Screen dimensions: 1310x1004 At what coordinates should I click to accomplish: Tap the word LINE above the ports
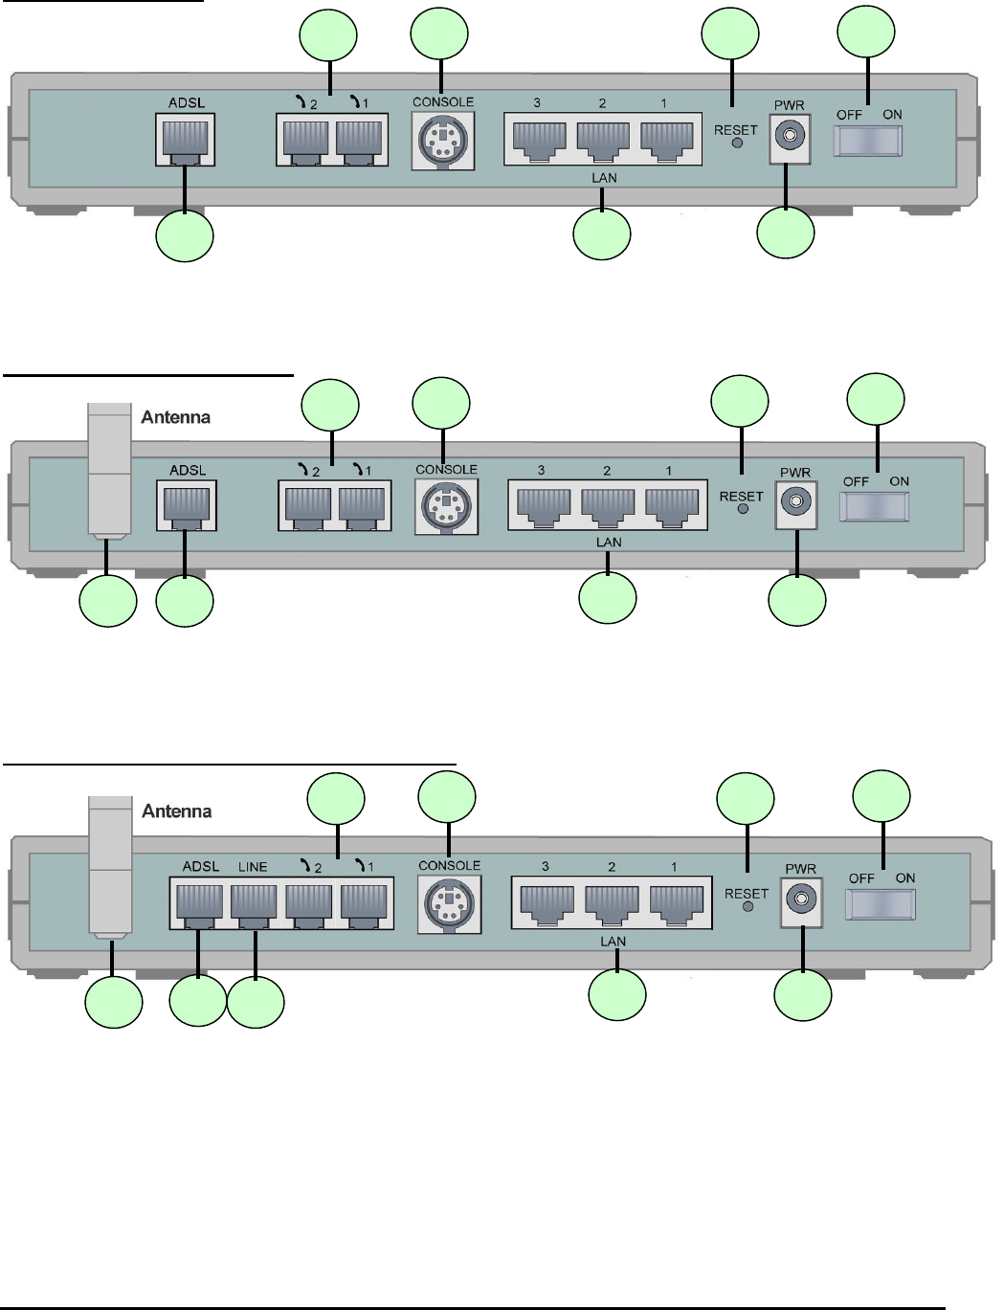[253, 867]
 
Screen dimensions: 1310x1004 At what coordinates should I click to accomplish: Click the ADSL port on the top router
[185, 140]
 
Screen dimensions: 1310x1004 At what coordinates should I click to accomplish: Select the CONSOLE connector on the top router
[442, 141]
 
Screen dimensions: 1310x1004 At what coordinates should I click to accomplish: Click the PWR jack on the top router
[789, 138]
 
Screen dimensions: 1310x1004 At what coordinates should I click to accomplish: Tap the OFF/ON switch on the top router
[868, 140]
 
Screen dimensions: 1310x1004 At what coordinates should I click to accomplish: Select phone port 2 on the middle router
[308, 505]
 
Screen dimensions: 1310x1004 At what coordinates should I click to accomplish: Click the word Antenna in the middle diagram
[176, 417]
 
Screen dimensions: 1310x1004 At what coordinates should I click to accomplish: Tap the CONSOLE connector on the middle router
[446, 506]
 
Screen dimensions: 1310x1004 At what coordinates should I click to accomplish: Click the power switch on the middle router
[874, 505]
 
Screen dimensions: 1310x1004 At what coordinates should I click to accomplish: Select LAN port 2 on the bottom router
[613, 901]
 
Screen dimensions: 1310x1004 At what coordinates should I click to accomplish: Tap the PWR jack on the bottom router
[801, 899]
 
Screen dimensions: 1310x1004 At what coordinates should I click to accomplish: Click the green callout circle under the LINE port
[256, 1002]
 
